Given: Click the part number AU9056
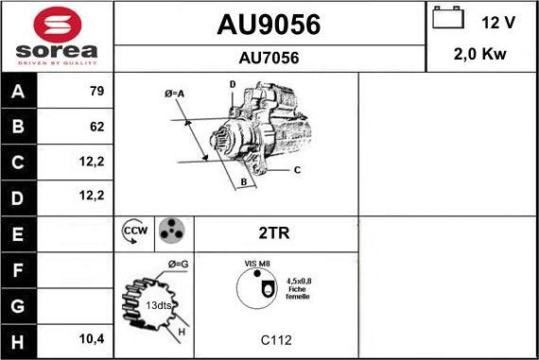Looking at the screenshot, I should [269, 26].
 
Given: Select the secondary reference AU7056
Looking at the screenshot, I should [269, 58].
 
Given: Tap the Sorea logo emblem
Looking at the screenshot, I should [56, 24].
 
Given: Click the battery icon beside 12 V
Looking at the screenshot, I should [447, 19].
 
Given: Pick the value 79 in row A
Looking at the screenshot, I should [96, 92].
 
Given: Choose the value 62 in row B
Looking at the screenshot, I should [96, 126].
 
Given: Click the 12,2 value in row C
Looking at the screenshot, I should [93, 161].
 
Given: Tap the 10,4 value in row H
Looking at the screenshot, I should [93, 337].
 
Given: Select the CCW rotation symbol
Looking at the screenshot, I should [134, 231].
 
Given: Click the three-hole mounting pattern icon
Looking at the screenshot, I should [171, 231].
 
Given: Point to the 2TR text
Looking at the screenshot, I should [274, 231].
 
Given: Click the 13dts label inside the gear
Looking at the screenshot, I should [158, 305].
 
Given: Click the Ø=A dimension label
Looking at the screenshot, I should [174, 93].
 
